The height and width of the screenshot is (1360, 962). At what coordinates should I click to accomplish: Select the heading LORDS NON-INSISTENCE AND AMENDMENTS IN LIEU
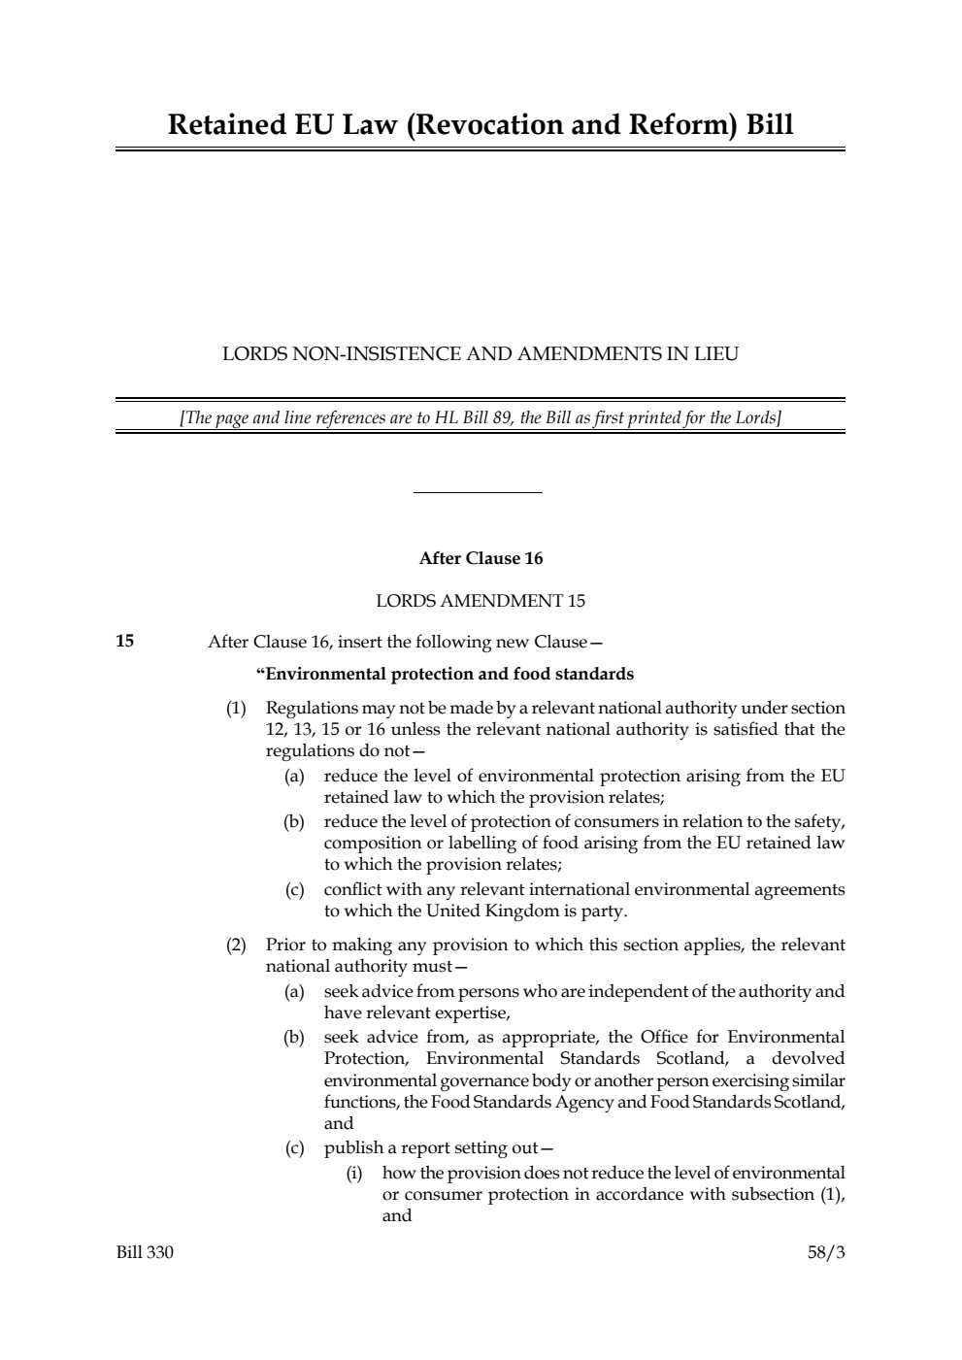(481, 354)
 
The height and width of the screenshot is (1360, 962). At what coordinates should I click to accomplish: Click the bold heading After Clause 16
(481, 558)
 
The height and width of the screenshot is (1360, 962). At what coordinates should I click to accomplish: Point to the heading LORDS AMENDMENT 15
(481, 601)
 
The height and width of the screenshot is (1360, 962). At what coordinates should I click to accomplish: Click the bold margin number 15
(125, 641)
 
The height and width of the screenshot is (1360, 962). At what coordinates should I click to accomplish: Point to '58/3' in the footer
(826, 1252)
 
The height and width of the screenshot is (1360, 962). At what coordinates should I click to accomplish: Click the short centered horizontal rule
(478, 493)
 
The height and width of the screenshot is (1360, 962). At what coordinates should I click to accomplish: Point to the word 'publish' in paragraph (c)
(353, 1148)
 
